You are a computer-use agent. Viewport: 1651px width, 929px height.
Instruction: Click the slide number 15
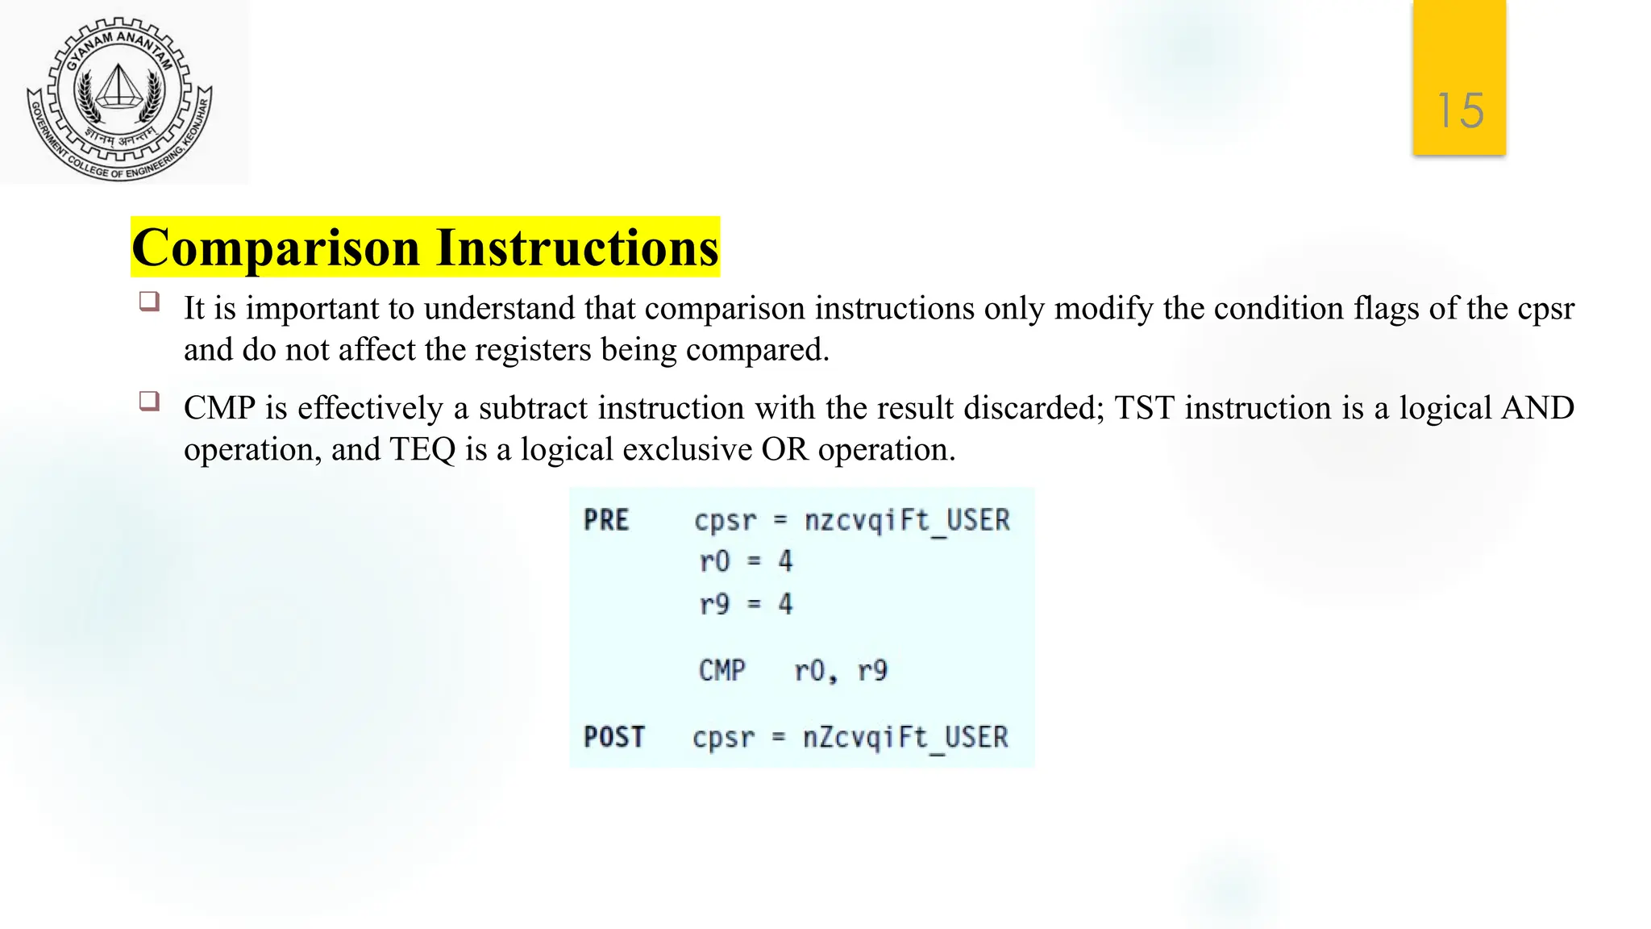[x=1460, y=110]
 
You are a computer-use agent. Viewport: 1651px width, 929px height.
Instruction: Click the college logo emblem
[x=120, y=98]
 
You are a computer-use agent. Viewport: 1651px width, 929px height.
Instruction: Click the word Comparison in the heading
[x=276, y=248]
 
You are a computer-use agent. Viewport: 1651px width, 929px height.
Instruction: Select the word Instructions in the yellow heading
[x=577, y=248]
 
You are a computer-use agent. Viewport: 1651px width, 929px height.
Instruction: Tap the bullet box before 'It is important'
[x=149, y=302]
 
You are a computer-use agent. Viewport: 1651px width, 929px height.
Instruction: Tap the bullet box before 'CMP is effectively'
[x=149, y=401]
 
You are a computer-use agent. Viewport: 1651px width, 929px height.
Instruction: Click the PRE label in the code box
[x=606, y=520]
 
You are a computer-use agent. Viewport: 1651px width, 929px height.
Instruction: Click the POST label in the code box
[x=614, y=737]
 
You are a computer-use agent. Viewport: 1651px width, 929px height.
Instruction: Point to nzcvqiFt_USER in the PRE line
[x=907, y=520]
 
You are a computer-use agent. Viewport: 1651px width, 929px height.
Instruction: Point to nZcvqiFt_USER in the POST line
[x=905, y=737]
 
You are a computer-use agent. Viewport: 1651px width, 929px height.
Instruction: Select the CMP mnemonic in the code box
[x=722, y=670]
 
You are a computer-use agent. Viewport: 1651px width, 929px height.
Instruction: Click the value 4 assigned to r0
[x=785, y=561]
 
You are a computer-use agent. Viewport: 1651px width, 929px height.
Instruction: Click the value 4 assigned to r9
[x=785, y=604]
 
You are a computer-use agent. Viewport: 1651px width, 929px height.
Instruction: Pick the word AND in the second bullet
[x=1537, y=408]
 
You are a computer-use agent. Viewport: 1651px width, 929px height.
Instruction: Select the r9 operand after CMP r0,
[x=872, y=670]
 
